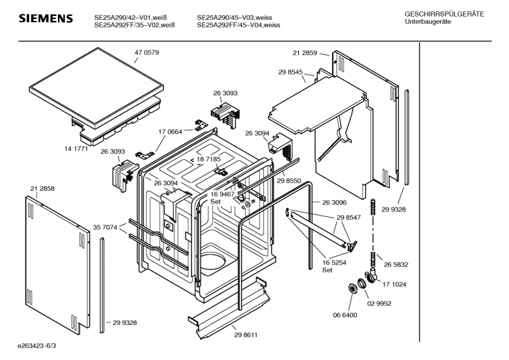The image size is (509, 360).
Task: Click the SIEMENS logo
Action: pyautogui.click(x=46, y=18)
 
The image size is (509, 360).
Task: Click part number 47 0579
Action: pyautogui.click(x=147, y=53)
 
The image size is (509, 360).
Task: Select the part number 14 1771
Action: pyautogui.click(x=76, y=149)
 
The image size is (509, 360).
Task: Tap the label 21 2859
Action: pyautogui.click(x=305, y=53)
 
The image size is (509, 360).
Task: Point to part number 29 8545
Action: pyautogui.click(x=291, y=72)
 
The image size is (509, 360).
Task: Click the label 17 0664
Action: pyautogui.click(x=171, y=132)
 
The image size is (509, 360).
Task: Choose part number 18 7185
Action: pyautogui.click(x=209, y=159)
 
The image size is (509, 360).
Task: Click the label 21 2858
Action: pyautogui.click(x=43, y=189)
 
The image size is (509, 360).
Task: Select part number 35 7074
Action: pyautogui.click(x=105, y=228)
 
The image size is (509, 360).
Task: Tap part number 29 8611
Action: pyautogui.click(x=246, y=335)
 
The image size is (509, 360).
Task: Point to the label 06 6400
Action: pyautogui.click(x=345, y=315)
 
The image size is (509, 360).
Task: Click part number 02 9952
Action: pyautogui.click(x=379, y=303)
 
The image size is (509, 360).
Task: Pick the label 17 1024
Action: pyautogui.click(x=394, y=284)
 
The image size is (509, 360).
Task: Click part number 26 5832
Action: pyautogui.click(x=396, y=265)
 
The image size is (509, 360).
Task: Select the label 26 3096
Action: pyautogui.click(x=335, y=202)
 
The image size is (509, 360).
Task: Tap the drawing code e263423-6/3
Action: pyautogui.click(x=37, y=346)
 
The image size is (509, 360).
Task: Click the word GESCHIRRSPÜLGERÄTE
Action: pyautogui.click(x=444, y=14)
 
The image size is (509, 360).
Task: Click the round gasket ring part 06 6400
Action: pyautogui.click(x=352, y=288)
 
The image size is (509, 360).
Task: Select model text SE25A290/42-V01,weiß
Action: pyautogui.click(x=130, y=18)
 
